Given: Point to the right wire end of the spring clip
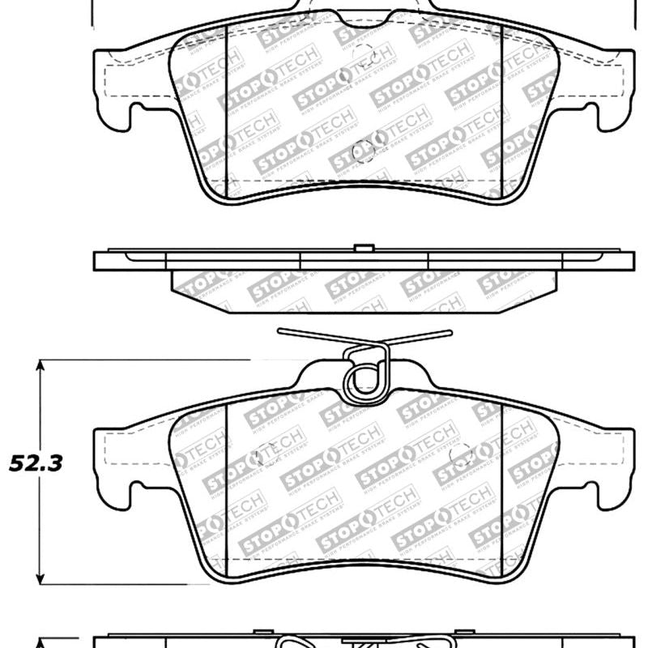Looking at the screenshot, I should coord(448,331).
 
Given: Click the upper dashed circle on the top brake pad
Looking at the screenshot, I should coord(366,57).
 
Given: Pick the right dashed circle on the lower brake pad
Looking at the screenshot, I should coord(461,456).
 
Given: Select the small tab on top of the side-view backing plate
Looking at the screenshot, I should coord(364,247).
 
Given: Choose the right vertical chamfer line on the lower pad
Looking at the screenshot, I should coord(503,486).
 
